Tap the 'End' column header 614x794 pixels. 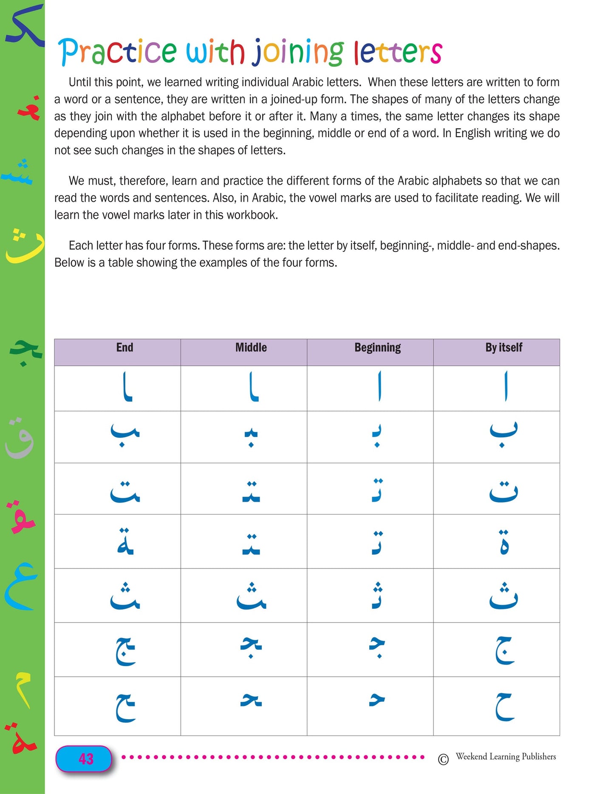pyautogui.click(x=124, y=348)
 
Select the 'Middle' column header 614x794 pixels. pyautogui.click(x=251, y=348)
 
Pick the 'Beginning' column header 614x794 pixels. pyautogui.click(x=377, y=348)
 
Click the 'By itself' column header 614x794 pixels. pyautogui.click(x=504, y=348)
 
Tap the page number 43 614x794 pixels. pyautogui.click(x=86, y=759)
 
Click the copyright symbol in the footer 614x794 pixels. pyautogui.click(x=443, y=760)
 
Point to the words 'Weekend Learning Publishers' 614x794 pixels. pyautogui.click(x=506, y=757)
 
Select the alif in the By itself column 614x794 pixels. pyautogui.click(x=505, y=386)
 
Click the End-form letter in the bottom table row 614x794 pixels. pyautogui.click(x=125, y=707)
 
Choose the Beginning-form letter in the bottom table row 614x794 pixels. pyautogui.click(x=376, y=700)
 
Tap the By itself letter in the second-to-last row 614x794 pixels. pyautogui.click(x=504, y=650)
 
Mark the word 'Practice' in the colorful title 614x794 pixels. pyautogui.click(x=117, y=52)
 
